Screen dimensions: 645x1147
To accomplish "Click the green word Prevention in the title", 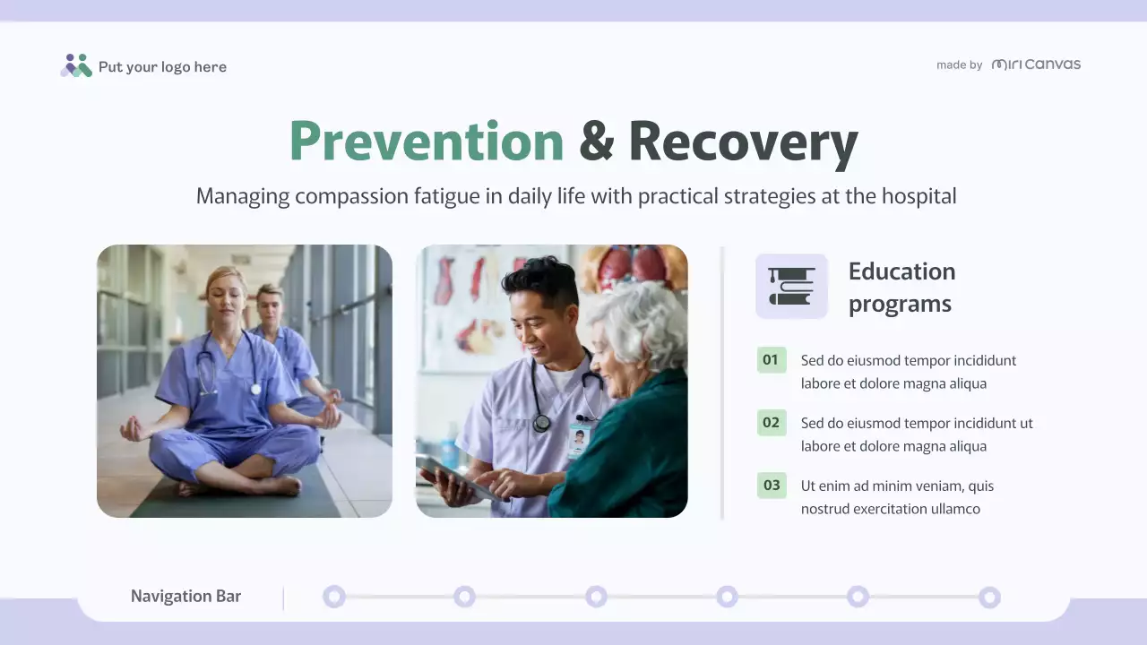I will click(427, 142).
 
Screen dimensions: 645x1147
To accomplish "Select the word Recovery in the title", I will click(743, 142).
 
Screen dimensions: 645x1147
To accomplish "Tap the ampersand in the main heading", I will click(596, 142).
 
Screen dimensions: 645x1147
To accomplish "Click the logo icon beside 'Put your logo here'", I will click(76, 65).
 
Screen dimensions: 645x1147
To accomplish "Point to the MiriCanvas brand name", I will click(1036, 64).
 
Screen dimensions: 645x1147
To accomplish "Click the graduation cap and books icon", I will click(791, 286).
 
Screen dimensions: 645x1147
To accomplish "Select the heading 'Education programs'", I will click(901, 287).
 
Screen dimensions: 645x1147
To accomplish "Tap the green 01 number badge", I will click(771, 360).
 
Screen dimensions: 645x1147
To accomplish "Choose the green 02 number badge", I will click(771, 423).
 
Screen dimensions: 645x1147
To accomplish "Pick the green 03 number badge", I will click(771, 486).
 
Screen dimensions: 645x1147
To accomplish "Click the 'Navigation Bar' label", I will click(185, 597).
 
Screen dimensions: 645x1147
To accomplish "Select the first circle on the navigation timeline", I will click(334, 597).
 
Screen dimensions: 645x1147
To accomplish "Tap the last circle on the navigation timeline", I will click(989, 597).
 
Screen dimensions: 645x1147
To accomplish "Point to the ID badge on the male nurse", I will click(579, 440).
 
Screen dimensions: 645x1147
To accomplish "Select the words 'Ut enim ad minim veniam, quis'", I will click(897, 486).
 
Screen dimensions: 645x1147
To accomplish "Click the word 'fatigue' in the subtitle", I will click(446, 196).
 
